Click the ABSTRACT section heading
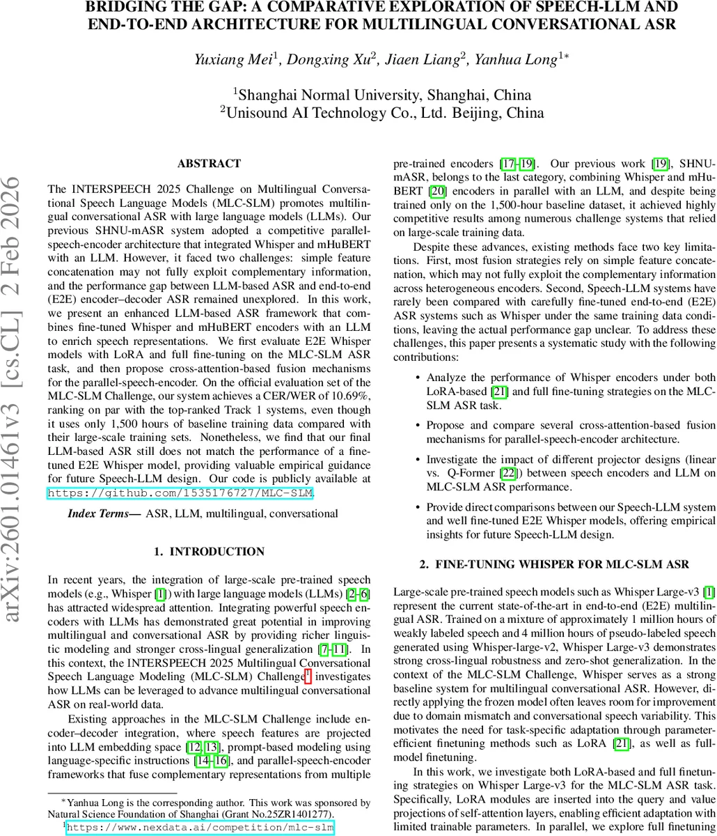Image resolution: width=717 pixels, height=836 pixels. (x=209, y=164)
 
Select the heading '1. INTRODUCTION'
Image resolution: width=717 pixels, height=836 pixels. (x=209, y=552)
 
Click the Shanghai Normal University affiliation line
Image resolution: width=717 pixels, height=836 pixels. (x=382, y=95)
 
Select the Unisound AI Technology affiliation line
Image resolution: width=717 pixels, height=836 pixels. (x=382, y=112)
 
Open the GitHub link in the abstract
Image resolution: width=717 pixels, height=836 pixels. (x=180, y=493)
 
